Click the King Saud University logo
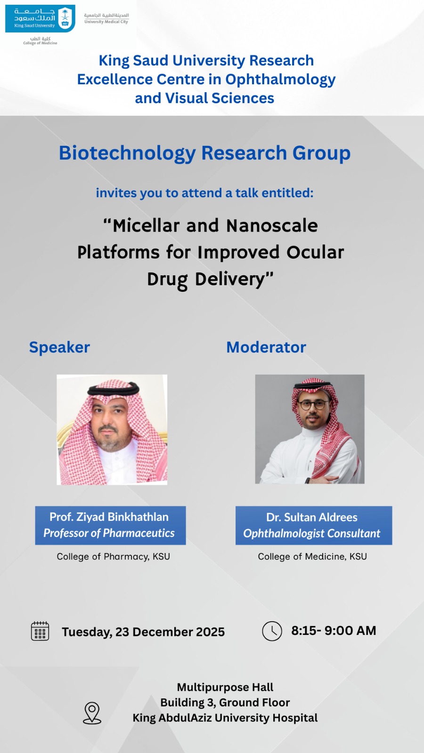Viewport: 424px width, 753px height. tap(40, 18)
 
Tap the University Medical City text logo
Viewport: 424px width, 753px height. tap(106, 18)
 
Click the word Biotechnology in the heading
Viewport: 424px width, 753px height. tap(127, 153)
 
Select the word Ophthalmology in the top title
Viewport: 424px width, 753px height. tap(280, 80)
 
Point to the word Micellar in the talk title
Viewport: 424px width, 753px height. tap(146, 225)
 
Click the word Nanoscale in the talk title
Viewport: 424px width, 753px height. tap(272, 225)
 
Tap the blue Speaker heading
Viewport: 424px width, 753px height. tap(59, 348)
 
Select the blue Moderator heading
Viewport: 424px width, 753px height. tap(266, 347)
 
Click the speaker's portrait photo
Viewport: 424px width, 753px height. tap(112, 430)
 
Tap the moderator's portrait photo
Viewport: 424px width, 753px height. tap(310, 429)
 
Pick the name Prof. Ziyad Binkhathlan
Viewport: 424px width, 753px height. tap(109, 517)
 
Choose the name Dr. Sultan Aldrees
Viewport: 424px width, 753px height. tap(312, 517)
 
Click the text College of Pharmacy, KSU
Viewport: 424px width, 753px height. tap(114, 557)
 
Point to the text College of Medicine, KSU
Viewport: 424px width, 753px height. tap(312, 557)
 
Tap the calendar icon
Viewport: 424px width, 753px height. tap(40, 631)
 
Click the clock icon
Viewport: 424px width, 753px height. tap(272, 631)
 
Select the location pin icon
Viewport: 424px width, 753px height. tap(92, 713)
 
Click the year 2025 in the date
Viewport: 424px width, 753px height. tap(210, 632)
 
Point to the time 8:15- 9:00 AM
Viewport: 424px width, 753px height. tap(334, 631)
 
